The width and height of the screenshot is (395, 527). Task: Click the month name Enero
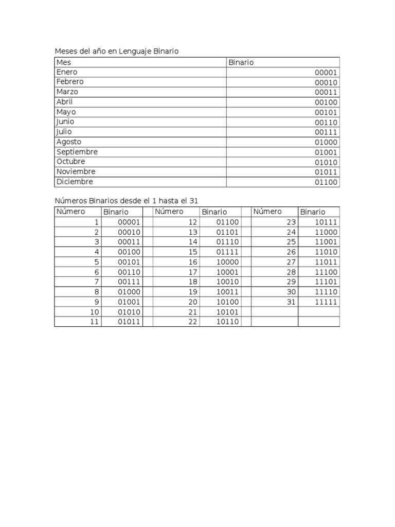[x=67, y=72]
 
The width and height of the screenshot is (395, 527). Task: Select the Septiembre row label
[x=77, y=152]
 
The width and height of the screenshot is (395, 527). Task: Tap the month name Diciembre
[x=75, y=182]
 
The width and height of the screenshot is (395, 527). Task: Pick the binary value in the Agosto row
[x=326, y=143]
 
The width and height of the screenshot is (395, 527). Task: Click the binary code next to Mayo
[x=326, y=113]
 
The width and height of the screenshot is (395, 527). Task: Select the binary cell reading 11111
[x=326, y=302]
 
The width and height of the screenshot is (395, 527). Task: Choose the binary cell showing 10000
[x=227, y=262]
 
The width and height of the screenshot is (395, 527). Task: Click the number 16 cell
[x=193, y=262]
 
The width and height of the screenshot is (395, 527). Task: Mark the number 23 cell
[x=291, y=222]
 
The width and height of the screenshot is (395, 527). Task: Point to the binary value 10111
[x=326, y=222]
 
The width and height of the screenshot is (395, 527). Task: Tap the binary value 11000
[x=326, y=232]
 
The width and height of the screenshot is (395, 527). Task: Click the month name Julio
[x=64, y=132]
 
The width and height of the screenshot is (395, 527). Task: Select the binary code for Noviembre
[x=326, y=172]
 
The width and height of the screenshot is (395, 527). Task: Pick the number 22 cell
[x=193, y=322]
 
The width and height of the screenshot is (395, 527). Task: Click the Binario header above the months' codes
[x=241, y=62]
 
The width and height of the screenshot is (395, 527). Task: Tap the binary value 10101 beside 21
[x=227, y=312]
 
